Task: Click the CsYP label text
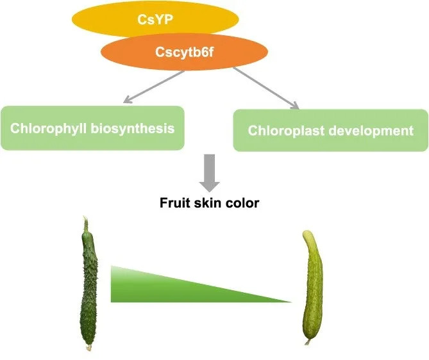point(155,19)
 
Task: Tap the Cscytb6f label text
point(184,52)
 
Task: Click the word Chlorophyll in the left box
point(49,128)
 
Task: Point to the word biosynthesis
point(133,128)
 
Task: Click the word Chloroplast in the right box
point(286,131)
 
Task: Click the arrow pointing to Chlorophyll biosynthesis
point(154,87)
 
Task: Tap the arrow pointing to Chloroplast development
point(266,88)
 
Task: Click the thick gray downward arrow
point(210,173)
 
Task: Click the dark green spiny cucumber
point(89,287)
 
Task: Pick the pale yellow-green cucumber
point(312,287)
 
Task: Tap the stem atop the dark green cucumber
point(86,224)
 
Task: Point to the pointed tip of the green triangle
point(291,302)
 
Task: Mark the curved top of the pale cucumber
point(308,234)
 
